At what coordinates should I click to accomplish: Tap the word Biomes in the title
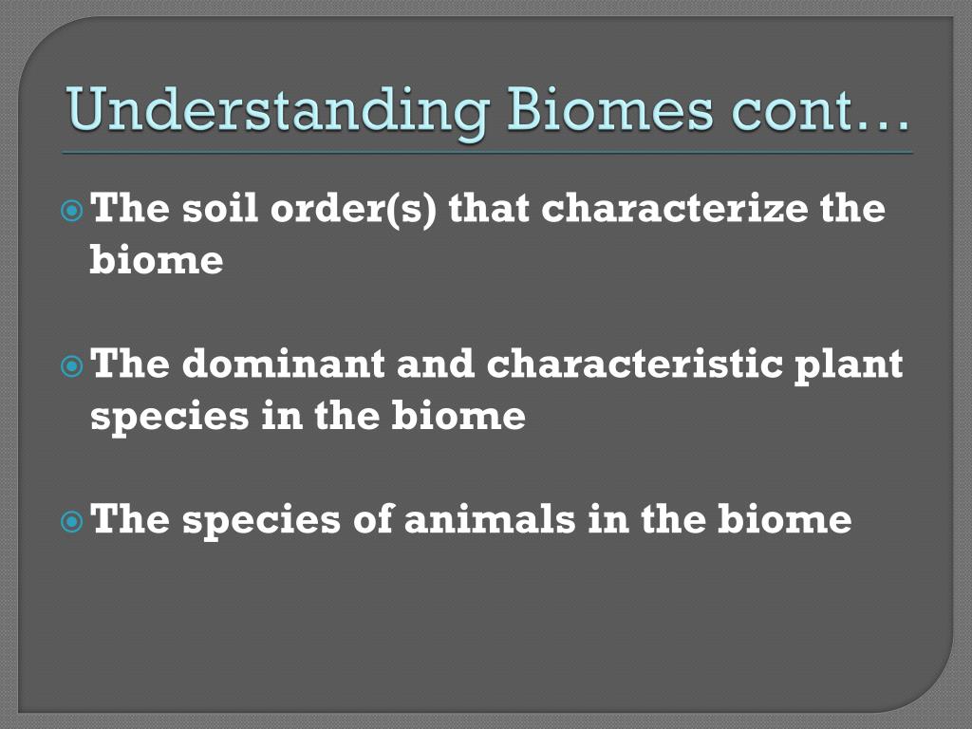point(610,109)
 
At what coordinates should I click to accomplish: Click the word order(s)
point(353,208)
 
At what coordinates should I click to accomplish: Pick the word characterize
point(675,208)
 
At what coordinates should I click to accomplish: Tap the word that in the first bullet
point(489,208)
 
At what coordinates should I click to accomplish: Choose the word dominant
point(283,364)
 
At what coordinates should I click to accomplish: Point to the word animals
point(490,519)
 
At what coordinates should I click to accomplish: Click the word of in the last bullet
point(374,518)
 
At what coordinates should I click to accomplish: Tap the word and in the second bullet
point(436,364)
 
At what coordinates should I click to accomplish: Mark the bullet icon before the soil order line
point(72,212)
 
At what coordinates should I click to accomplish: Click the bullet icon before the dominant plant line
point(72,366)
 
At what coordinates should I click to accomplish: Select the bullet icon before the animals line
point(72,521)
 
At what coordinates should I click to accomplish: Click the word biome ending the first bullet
point(157,259)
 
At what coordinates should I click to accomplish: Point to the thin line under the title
point(487,153)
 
